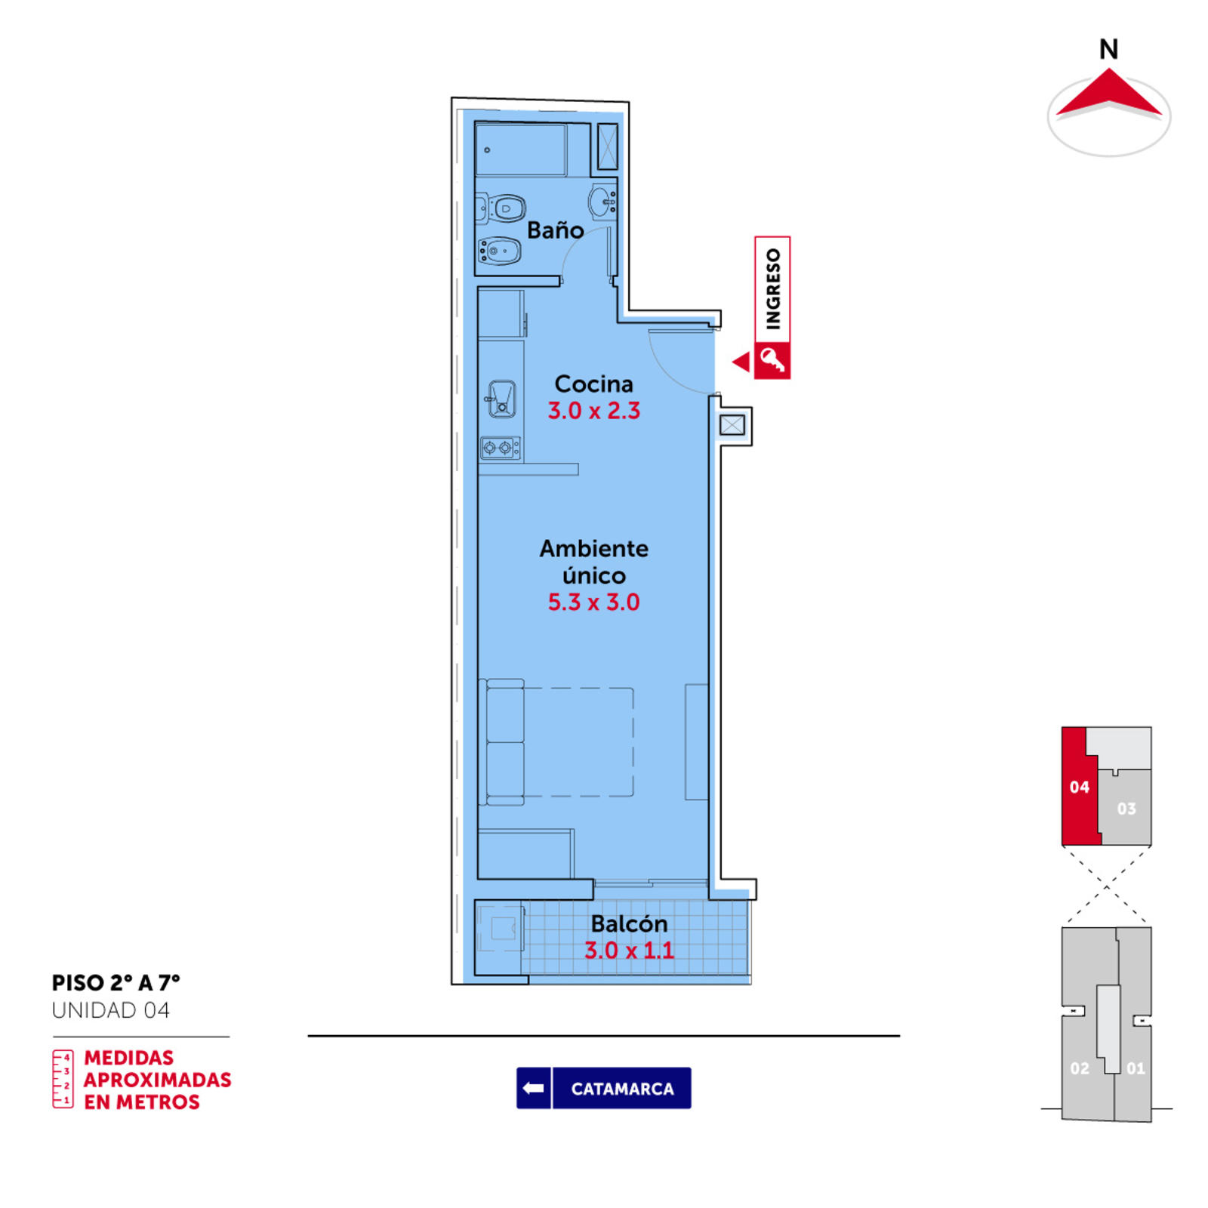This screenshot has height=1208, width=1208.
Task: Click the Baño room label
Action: click(x=555, y=230)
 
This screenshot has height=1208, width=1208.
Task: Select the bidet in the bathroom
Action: click(x=499, y=251)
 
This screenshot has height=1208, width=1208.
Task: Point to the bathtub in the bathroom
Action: click(x=521, y=149)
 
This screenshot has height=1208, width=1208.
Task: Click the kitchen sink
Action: click(x=501, y=399)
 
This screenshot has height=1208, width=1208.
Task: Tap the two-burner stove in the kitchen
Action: click(x=501, y=448)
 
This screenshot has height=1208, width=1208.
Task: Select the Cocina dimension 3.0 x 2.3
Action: click(x=594, y=411)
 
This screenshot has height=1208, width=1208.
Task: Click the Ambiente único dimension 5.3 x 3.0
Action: click(x=593, y=602)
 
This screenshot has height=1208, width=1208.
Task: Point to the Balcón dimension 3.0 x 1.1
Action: click(x=630, y=951)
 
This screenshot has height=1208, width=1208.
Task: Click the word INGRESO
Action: click(x=773, y=289)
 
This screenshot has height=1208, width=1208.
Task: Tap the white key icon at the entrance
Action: click(x=772, y=360)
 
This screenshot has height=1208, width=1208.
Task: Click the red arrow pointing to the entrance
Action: click(x=741, y=362)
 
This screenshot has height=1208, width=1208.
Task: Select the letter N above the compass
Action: click(x=1108, y=50)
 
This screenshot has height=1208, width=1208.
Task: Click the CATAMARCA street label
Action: click(x=622, y=1089)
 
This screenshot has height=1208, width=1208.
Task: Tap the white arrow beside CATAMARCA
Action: click(x=534, y=1088)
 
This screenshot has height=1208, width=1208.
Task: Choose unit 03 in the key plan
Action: click(x=1126, y=809)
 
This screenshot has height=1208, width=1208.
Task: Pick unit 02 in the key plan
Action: click(x=1080, y=1068)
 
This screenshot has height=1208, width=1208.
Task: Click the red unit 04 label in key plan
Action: click(x=1079, y=787)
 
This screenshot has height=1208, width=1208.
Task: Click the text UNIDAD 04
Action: click(x=111, y=1010)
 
